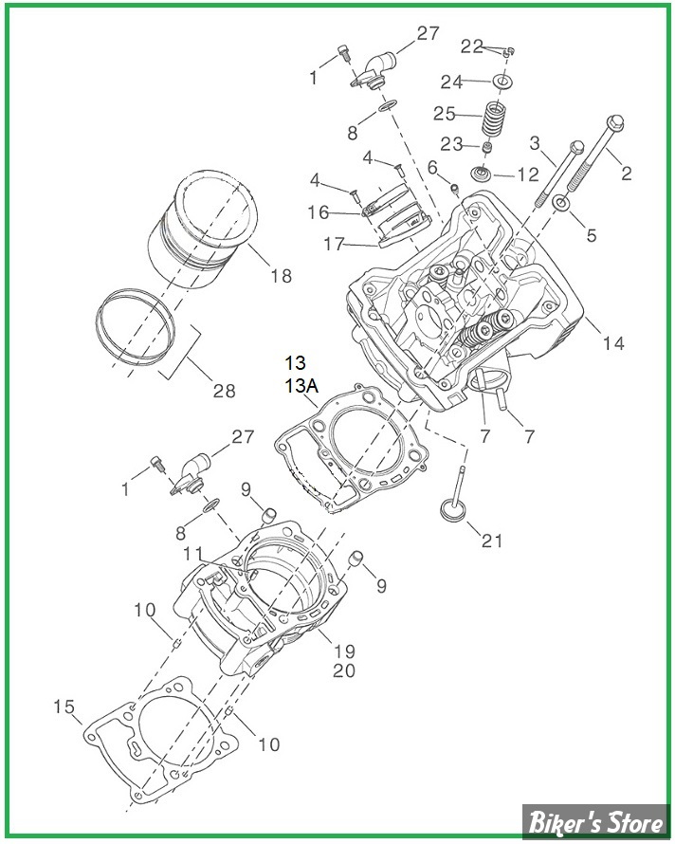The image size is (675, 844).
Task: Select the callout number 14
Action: point(614,343)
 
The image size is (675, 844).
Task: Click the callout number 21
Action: point(492,541)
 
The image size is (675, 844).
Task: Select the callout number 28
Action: point(224,392)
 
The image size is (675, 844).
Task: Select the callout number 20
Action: point(343,671)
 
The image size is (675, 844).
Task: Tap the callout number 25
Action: point(445,114)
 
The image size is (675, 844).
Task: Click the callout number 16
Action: point(319,212)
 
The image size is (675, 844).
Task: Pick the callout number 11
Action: point(193,551)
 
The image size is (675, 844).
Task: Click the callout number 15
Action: point(64,706)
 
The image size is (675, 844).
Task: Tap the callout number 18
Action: point(281,276)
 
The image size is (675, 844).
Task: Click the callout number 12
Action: point(528,174)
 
